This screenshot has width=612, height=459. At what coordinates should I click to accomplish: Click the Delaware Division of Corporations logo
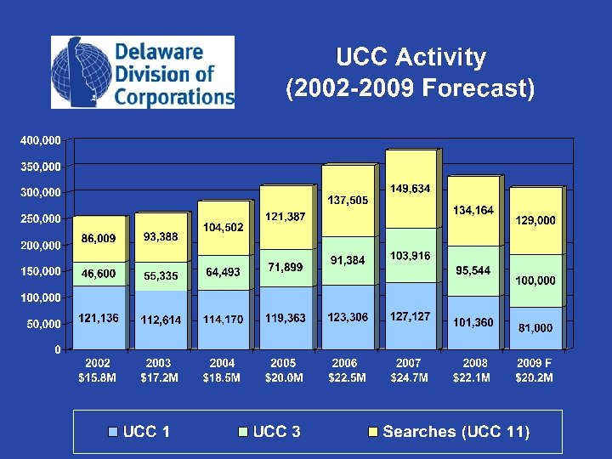point(143,72)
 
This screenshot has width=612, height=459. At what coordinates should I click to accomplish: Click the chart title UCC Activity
point(411,58)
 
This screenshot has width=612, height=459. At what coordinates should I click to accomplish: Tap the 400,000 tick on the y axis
point(41,139)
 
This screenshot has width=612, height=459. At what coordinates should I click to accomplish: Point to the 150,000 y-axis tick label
point(41,271)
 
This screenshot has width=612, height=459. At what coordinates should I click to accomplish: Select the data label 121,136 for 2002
point(99,318)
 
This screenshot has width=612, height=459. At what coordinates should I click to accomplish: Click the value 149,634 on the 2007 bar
point(410,188)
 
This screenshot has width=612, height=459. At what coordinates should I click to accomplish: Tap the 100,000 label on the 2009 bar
point(534,280)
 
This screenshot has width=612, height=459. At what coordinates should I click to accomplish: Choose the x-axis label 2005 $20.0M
point(284,370)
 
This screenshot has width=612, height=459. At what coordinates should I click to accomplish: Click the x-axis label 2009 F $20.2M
point(535,370)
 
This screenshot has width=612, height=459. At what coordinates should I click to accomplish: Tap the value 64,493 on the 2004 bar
point(223,273)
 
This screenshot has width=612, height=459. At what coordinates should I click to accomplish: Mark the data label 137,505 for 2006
point(348,200)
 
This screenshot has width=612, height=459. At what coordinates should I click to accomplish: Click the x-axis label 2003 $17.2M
point(159,370)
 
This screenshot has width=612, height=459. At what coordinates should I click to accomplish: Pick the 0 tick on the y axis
point(57,349)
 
